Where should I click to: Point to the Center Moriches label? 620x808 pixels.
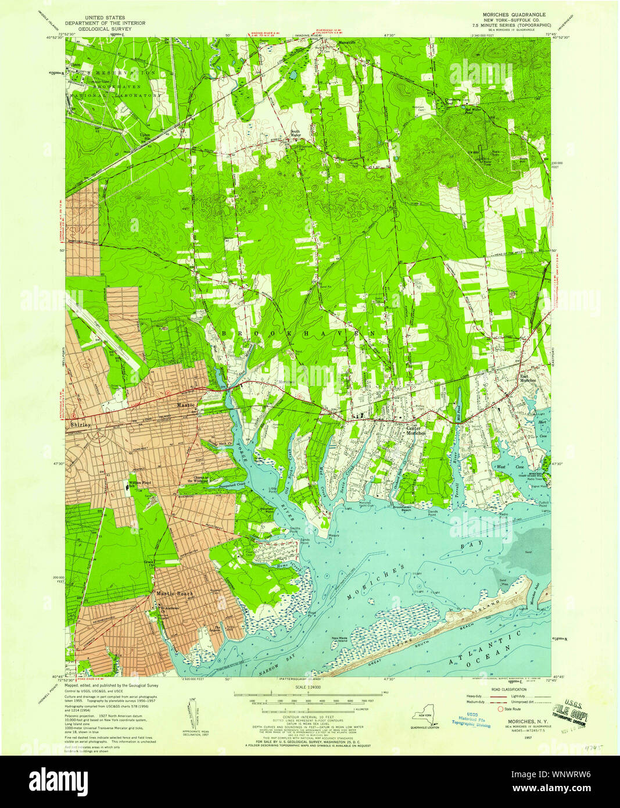[x=415, y=430]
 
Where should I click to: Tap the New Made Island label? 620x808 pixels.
[x=343, y=639]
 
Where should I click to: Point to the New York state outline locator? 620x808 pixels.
[x=421, y=716]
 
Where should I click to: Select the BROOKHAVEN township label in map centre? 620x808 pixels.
[x=299, y=333]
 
